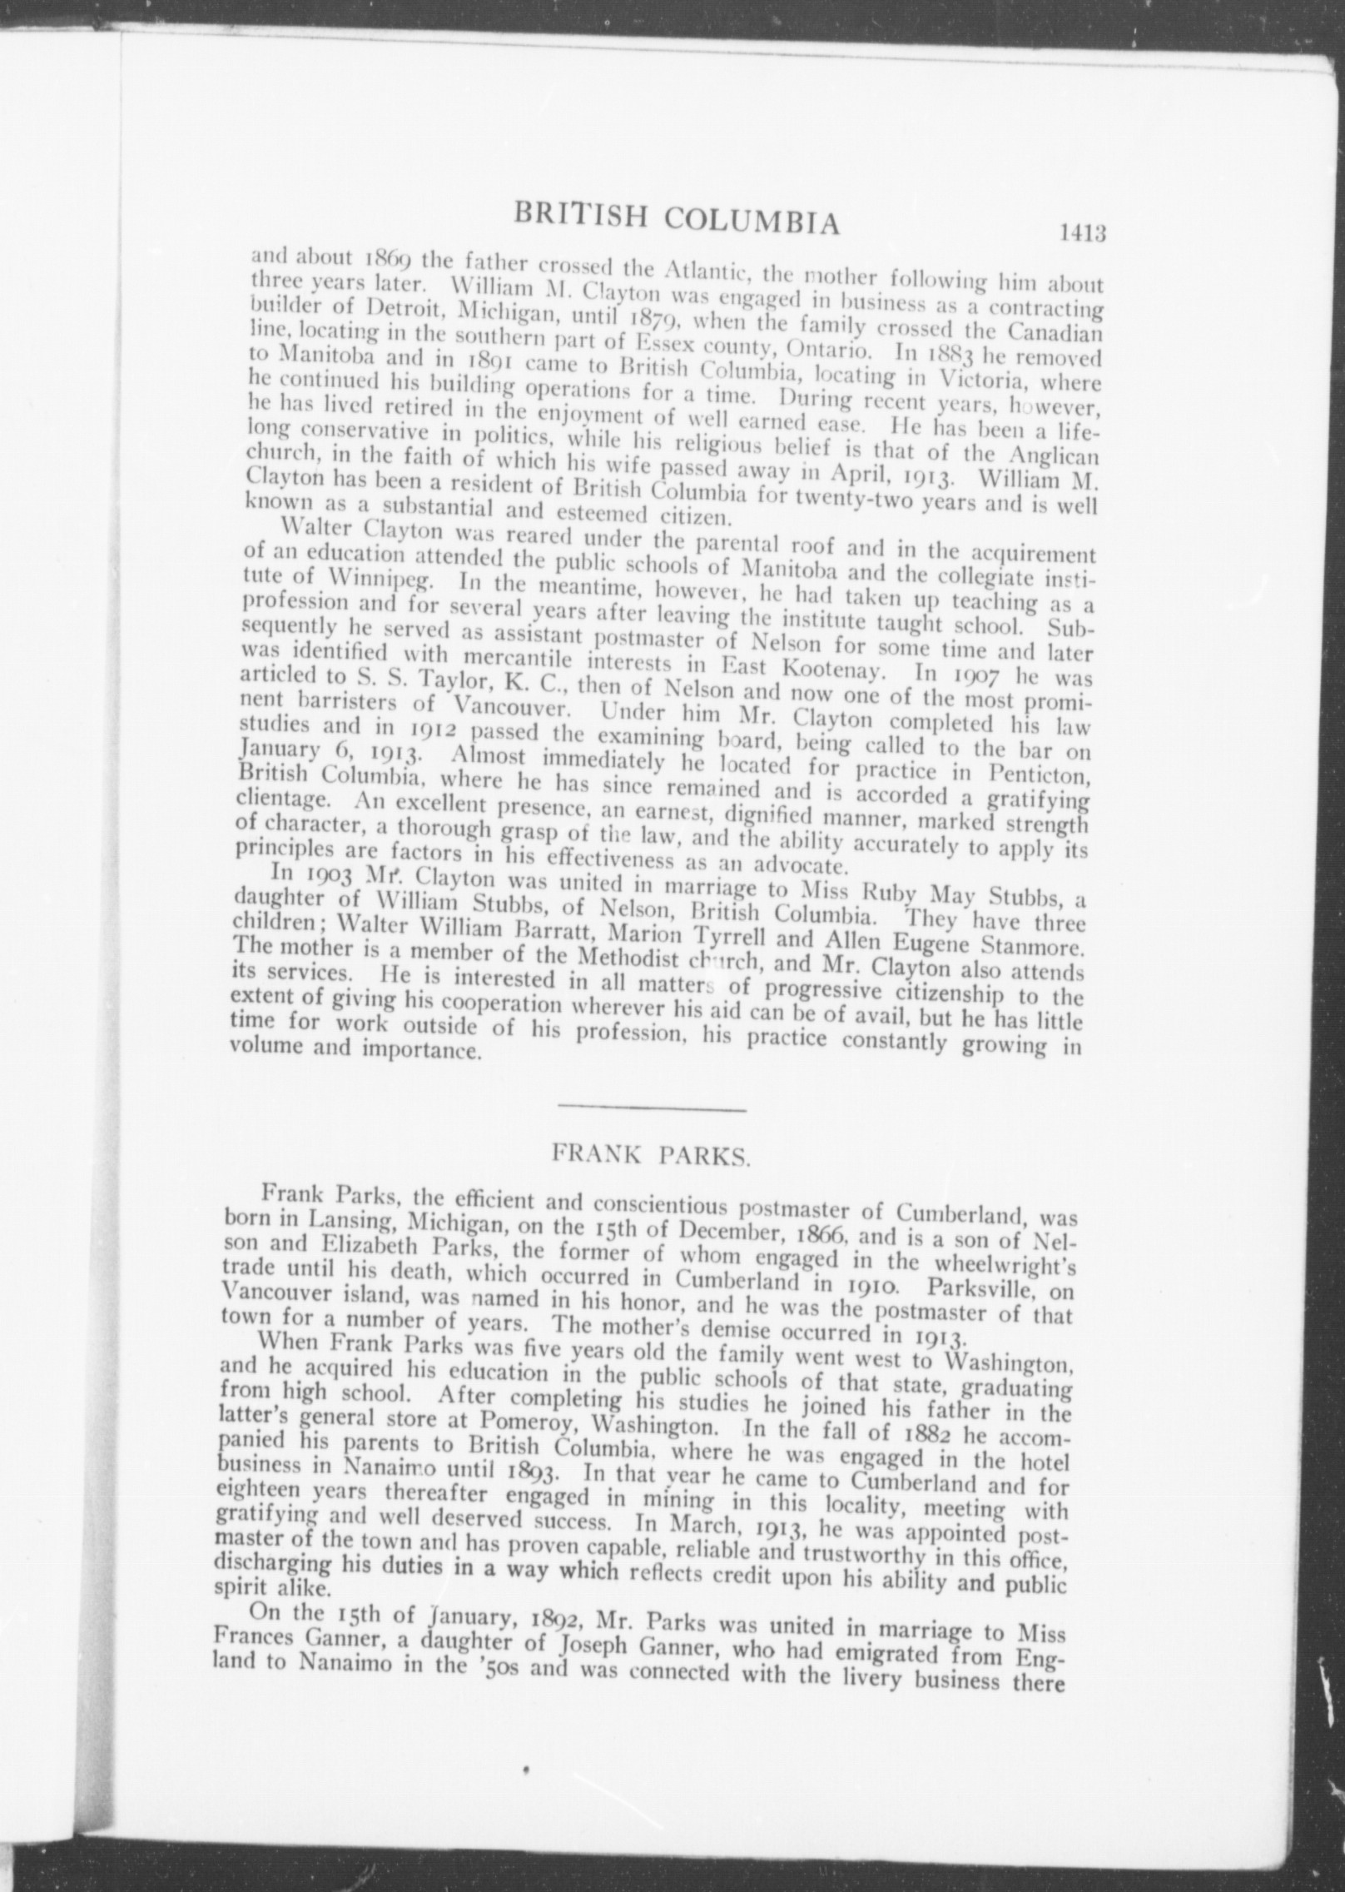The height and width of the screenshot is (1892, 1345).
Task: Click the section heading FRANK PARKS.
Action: (652, 1157)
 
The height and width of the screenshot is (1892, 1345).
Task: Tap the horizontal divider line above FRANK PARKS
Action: (652, 1108)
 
